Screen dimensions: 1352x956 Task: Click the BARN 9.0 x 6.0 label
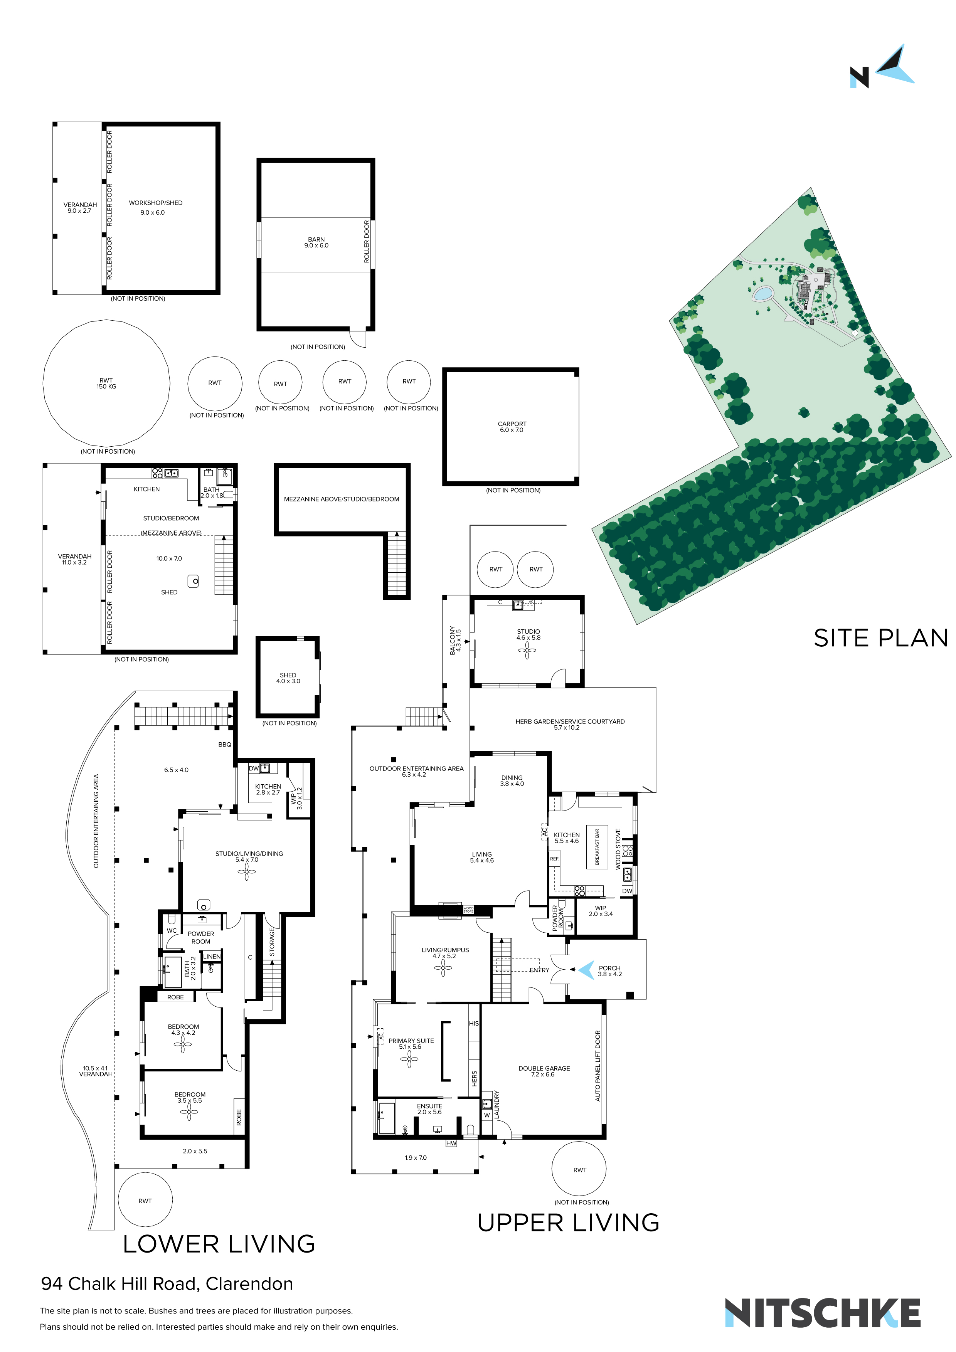pos(316,242)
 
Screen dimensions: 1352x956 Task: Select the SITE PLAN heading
pos(880,638)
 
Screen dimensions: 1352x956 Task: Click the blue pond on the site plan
pos(762,293)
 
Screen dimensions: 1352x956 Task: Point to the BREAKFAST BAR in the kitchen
pos(597,847)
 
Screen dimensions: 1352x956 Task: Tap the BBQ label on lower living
pos(224,744)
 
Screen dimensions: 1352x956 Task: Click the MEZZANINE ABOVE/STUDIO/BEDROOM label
pos(342,499)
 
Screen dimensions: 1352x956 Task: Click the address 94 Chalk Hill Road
pos(167,1284)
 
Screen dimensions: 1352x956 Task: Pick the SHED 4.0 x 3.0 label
pos(288,678)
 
